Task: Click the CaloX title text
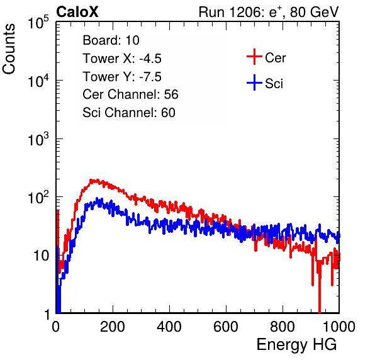(77, 12)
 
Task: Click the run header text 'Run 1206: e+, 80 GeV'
(269, 12)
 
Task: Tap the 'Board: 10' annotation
(111, 40)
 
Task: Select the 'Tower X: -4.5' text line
(122, 59)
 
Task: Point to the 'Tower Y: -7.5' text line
(122, 77)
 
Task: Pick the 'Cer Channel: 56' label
(130, 94)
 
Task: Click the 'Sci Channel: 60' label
(129, 113)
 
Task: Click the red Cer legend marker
(254, 57)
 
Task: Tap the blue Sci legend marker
(254, 82)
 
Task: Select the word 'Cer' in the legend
(275, 58)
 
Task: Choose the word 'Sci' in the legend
(274, 84)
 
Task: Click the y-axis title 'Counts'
(9, 49)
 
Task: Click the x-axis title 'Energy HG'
(296, 345)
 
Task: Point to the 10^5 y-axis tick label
(38, 23)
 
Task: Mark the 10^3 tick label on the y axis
(38, 139)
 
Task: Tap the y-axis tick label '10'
(41, 256)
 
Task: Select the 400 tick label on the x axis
(169, 327)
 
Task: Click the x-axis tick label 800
(283, 327)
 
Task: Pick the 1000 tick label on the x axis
(339, 327)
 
